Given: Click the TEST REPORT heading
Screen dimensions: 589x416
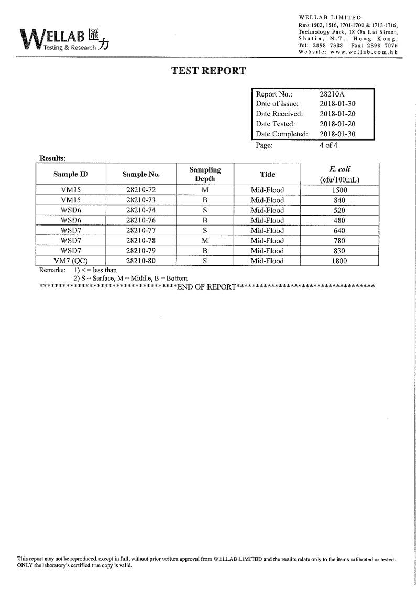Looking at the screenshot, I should (x=209, y=71).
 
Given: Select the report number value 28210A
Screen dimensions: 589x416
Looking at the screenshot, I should (x=332, y=94).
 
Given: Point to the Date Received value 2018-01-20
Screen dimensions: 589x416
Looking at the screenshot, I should (x=337, y=114).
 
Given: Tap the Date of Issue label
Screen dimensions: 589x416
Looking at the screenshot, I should (x=277, y=104).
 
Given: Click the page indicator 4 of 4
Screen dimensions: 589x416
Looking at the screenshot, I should (x=329, y=145).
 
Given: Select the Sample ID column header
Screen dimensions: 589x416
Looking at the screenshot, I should (x=70, y=174).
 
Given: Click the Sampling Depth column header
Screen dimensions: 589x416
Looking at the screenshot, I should (x=205, y=174).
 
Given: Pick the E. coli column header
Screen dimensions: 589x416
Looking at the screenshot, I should (x=340, y=174).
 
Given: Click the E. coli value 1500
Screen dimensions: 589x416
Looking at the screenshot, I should (x=340, y=190).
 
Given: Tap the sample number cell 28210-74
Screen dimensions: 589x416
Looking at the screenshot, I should (x=141, y=210).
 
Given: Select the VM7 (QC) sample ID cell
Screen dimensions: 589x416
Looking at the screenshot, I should (x=70, y=261).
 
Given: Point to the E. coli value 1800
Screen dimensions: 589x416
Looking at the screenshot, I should (x=340, y=261).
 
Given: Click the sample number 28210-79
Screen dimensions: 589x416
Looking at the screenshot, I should (x=141, y=251).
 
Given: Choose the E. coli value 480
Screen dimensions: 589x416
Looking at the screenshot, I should (x=340, y=220).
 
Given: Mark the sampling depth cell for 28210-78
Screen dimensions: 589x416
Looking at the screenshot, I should (x=205, y=241).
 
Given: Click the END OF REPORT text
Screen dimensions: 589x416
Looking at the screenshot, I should (x=206, y=286).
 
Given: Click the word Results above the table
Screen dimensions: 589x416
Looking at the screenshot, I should (x=52, y=158).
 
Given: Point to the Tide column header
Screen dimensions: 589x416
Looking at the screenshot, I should (x=267, y=174).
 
